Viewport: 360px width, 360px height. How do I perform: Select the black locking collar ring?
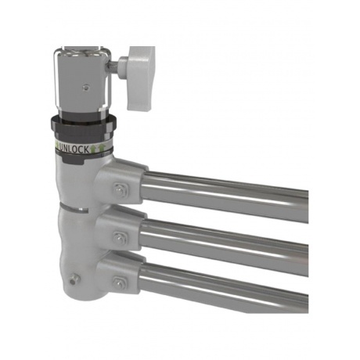pos(82,127)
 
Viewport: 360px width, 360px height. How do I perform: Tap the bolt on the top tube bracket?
pos(120,189)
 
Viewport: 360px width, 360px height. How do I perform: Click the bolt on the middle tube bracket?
pos(119,236)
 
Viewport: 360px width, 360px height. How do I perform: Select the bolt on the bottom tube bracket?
pos(119,283)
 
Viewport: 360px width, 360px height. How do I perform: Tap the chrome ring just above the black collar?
pos(82,113)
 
